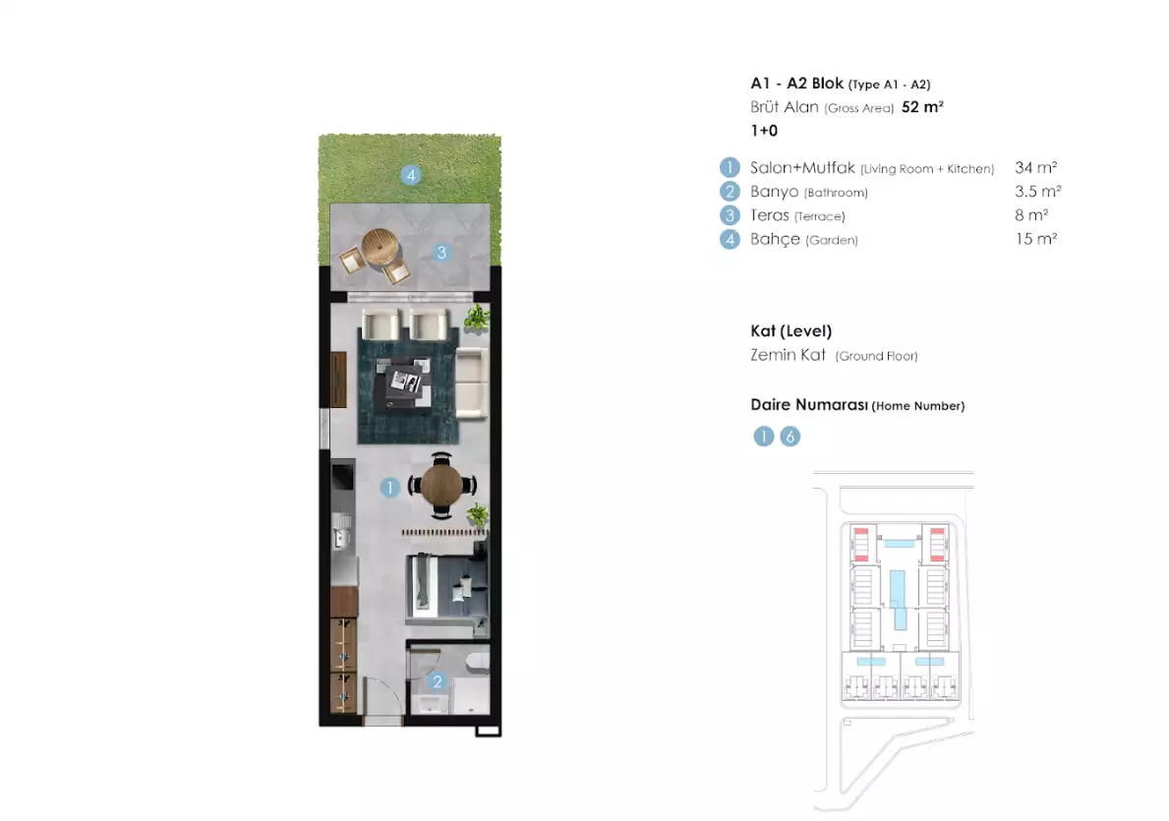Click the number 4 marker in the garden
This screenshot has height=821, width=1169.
[x=411, y=175]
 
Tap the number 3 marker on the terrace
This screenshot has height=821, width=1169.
[x=441, y=253]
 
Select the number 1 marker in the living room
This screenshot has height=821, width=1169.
[x=390, y=487]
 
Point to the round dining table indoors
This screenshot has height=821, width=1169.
[x=441, y=485]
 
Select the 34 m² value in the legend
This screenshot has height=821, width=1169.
[x=1035, y=168]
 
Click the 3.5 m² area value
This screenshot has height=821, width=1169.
[x=1037, y=192]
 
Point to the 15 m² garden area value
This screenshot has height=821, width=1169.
[x=1035, y=239]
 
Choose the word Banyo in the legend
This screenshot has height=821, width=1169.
[x=774, y=192]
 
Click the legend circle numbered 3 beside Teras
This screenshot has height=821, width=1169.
[x=730, y=215]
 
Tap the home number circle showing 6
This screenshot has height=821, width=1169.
[x=790, y=437]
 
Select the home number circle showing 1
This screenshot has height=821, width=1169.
[x=764, y=437]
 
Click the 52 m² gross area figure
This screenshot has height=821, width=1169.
[x=921, y=107]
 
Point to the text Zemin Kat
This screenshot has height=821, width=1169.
[x=787, y=355]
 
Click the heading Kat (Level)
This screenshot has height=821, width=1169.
[x=790, y=331]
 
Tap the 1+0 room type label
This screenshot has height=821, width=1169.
[x=764, y=130]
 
